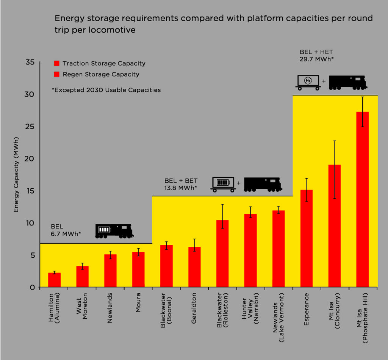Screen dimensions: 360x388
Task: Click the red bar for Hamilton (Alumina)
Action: [x=54, y=280]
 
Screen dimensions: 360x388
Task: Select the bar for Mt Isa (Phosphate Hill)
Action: [x=363, y=199]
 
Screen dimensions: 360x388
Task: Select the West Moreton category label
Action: [x=82, y=306]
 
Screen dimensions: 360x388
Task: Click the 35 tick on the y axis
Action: [x=30, y=63]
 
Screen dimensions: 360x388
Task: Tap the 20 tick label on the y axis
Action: [x=30, y=159]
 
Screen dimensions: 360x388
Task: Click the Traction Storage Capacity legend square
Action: [x=57, y=63]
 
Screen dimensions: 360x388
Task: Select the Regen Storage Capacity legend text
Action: [x=101, y=74]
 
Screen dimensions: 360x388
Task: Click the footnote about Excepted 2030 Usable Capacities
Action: [x=106, y=90]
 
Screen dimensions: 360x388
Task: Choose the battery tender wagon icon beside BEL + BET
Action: [x=223, y=184]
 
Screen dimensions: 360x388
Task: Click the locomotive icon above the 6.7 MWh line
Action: [x=114, y=231]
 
